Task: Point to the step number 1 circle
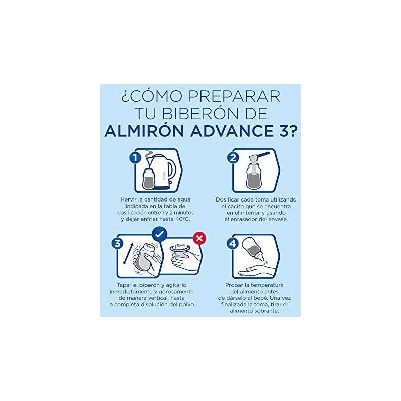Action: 135,158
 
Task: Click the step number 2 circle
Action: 233,158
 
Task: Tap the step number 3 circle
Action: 117,243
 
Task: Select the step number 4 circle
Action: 233,243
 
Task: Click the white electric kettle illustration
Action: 164,171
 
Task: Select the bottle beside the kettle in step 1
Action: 148,179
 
